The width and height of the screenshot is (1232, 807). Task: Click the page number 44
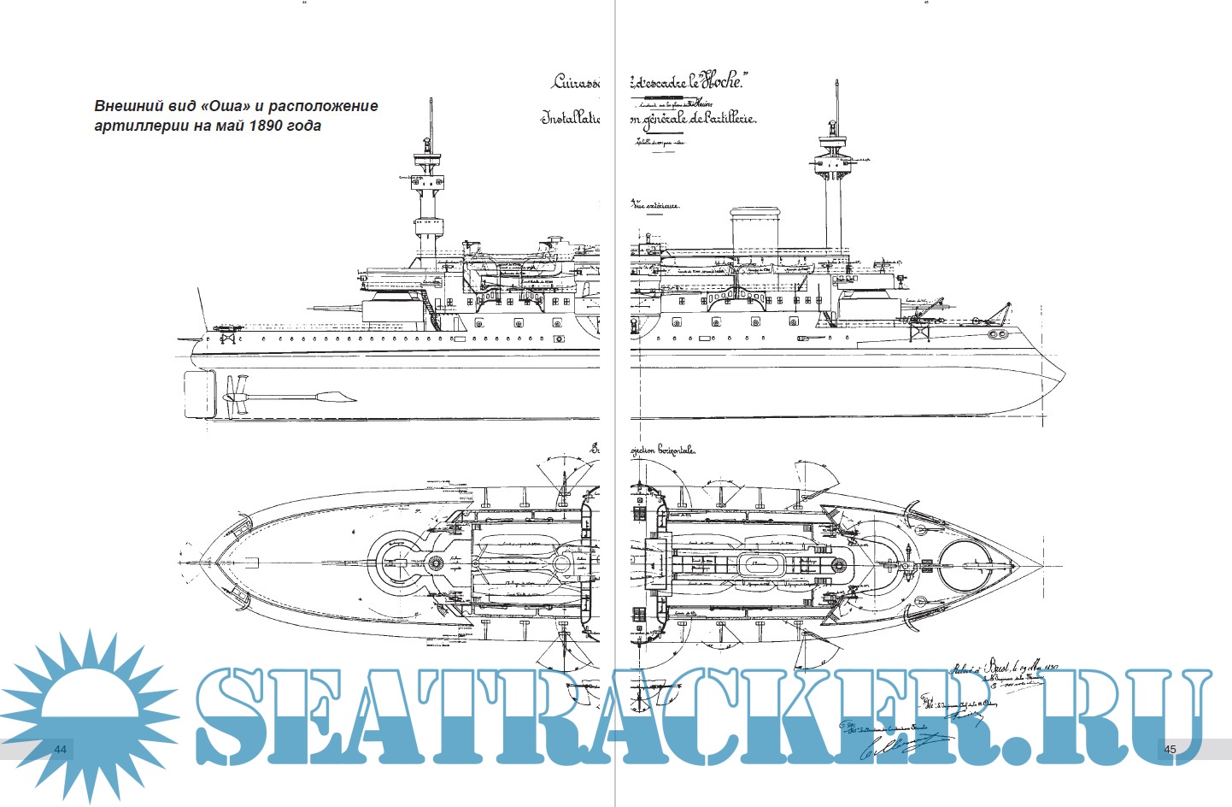[x=60, y=749]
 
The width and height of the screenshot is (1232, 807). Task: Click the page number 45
[x=1170, y=749]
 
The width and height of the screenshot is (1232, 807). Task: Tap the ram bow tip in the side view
[x=1062, y=376]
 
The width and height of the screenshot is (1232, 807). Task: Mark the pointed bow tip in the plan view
[x=1040, y=566]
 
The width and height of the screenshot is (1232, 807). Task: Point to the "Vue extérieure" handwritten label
[x=655, y=205]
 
